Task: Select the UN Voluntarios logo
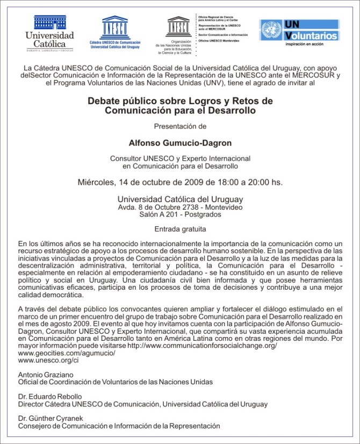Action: (x=299, y=31)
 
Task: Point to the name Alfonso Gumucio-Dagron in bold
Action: (x=180, y=144)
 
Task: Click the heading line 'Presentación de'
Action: (x=180, y=127)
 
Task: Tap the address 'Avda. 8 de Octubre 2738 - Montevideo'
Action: (x=180, y=207)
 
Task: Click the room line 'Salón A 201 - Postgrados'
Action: (x=180, y=214)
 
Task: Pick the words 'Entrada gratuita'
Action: (x=180, y=228)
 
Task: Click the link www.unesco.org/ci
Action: (x=48, y=362)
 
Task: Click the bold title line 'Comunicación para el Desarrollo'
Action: (x=180, y=111)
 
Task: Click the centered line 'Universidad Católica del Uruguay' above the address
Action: (x=180, y=198)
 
